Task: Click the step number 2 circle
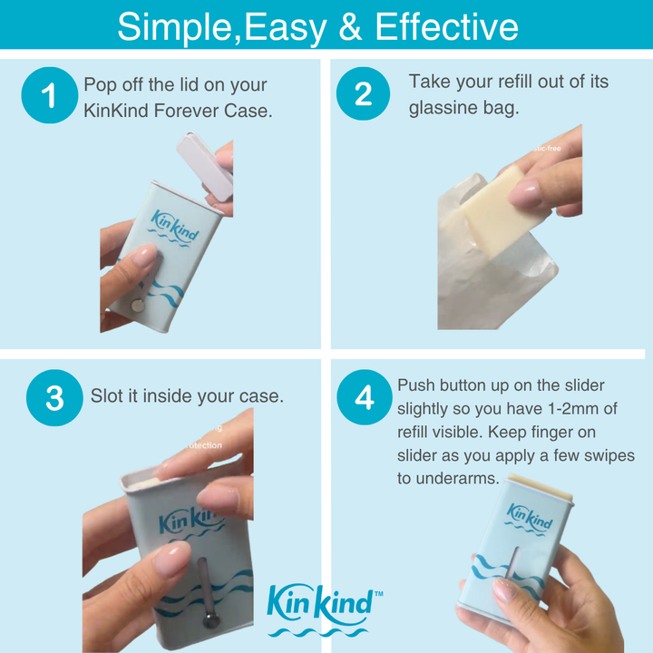click(364, 94)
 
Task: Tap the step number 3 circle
click(54, 398)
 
